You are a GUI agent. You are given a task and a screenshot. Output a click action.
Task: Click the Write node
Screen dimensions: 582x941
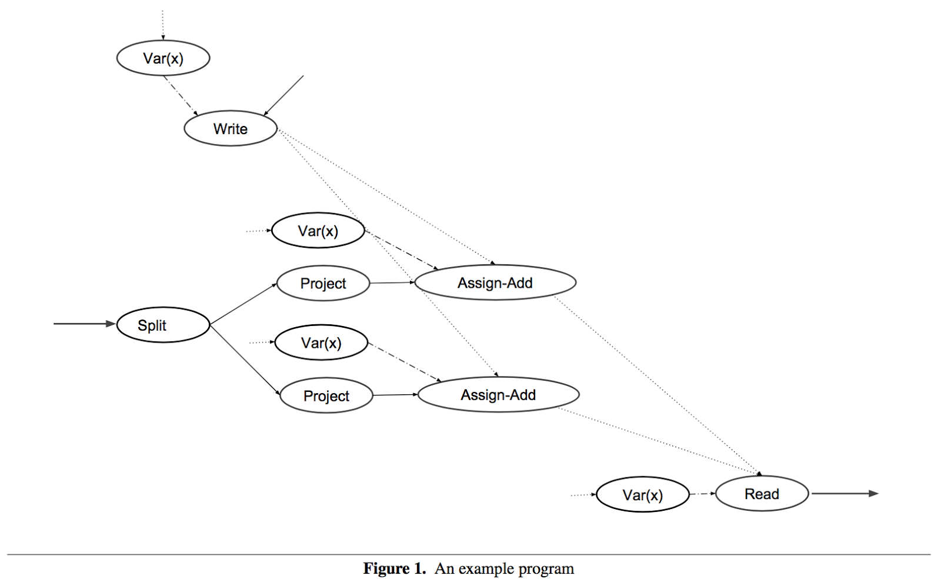click(231, 128)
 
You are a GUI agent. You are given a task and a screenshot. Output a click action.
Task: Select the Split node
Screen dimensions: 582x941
click(163, 325)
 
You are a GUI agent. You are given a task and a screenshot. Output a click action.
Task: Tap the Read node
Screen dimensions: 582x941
click(762, 494)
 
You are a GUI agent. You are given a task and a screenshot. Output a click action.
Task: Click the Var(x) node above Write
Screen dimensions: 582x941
click(163, 58)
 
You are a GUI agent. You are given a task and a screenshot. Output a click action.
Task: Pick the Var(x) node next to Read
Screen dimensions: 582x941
click(642, 495)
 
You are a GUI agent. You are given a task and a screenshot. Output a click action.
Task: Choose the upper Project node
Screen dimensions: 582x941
click(323, 283)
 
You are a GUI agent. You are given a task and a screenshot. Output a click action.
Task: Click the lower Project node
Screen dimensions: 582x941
click(326, 395)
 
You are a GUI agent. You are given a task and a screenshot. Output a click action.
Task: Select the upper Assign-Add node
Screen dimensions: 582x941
click(495, 282)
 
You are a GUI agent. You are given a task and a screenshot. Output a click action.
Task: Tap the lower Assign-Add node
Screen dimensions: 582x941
click(498, 394)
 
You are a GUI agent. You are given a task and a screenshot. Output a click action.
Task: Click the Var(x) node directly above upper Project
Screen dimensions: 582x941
click(318, 231)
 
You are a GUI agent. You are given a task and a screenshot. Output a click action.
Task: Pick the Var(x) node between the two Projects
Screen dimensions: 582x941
click(321, 342)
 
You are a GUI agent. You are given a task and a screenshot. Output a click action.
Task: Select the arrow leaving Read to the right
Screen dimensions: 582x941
click(845, 494)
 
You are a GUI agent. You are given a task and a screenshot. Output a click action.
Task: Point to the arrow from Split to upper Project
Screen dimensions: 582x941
click(243, 304)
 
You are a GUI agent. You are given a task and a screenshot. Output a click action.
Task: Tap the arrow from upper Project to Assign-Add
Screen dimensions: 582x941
click(392, 283)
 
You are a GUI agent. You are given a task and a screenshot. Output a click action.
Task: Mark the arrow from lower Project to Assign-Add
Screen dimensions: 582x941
click(395, 395)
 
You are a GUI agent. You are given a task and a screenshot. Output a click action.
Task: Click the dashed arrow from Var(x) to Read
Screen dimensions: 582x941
click(702, 494)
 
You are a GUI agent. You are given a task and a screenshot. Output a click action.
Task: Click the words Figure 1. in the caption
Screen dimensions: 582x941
click(394, 568)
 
